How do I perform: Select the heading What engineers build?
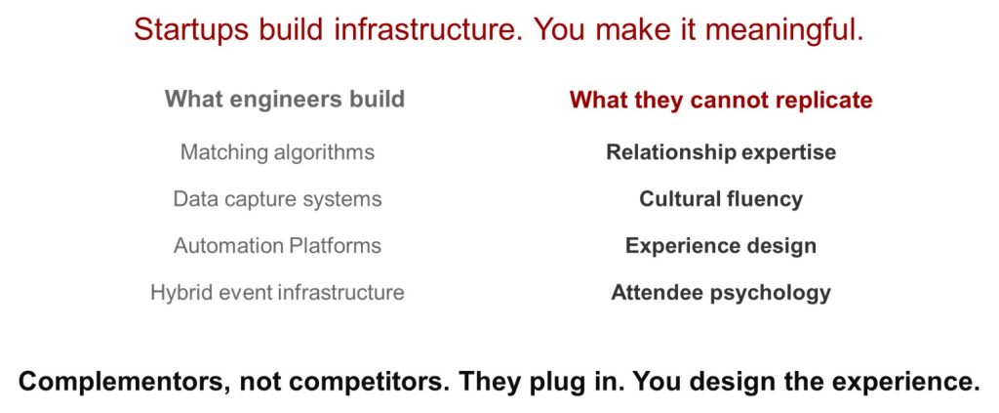(285, 100)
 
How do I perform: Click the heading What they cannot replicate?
(721, 100)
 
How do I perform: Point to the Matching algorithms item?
(277, 153)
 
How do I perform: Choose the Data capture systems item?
(277, 199)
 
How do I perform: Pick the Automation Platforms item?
(277, 246)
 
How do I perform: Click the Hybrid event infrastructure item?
(277, 293)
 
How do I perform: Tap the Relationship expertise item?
(721, 153)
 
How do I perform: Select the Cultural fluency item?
(721, 199)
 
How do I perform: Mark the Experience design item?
(721, 246)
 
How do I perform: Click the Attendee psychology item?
(721, 293)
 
